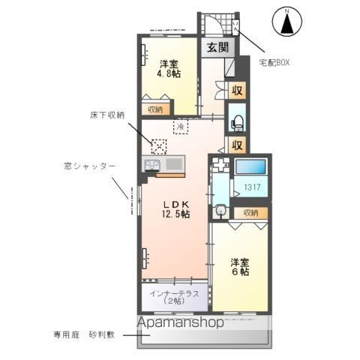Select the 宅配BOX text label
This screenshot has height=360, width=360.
pyautogui.click(x=274, y=62)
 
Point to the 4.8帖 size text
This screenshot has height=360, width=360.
pyautogui.click(x=167, y=75)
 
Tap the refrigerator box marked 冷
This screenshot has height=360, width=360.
pyautogui.click(x=180, y=127)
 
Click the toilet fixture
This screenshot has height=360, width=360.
pyautogui.click(x=235, y=120)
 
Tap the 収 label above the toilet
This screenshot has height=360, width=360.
pyautogui.click(x=236, y=91)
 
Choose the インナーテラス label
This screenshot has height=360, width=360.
pyautogui.click(x=174, y=298)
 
